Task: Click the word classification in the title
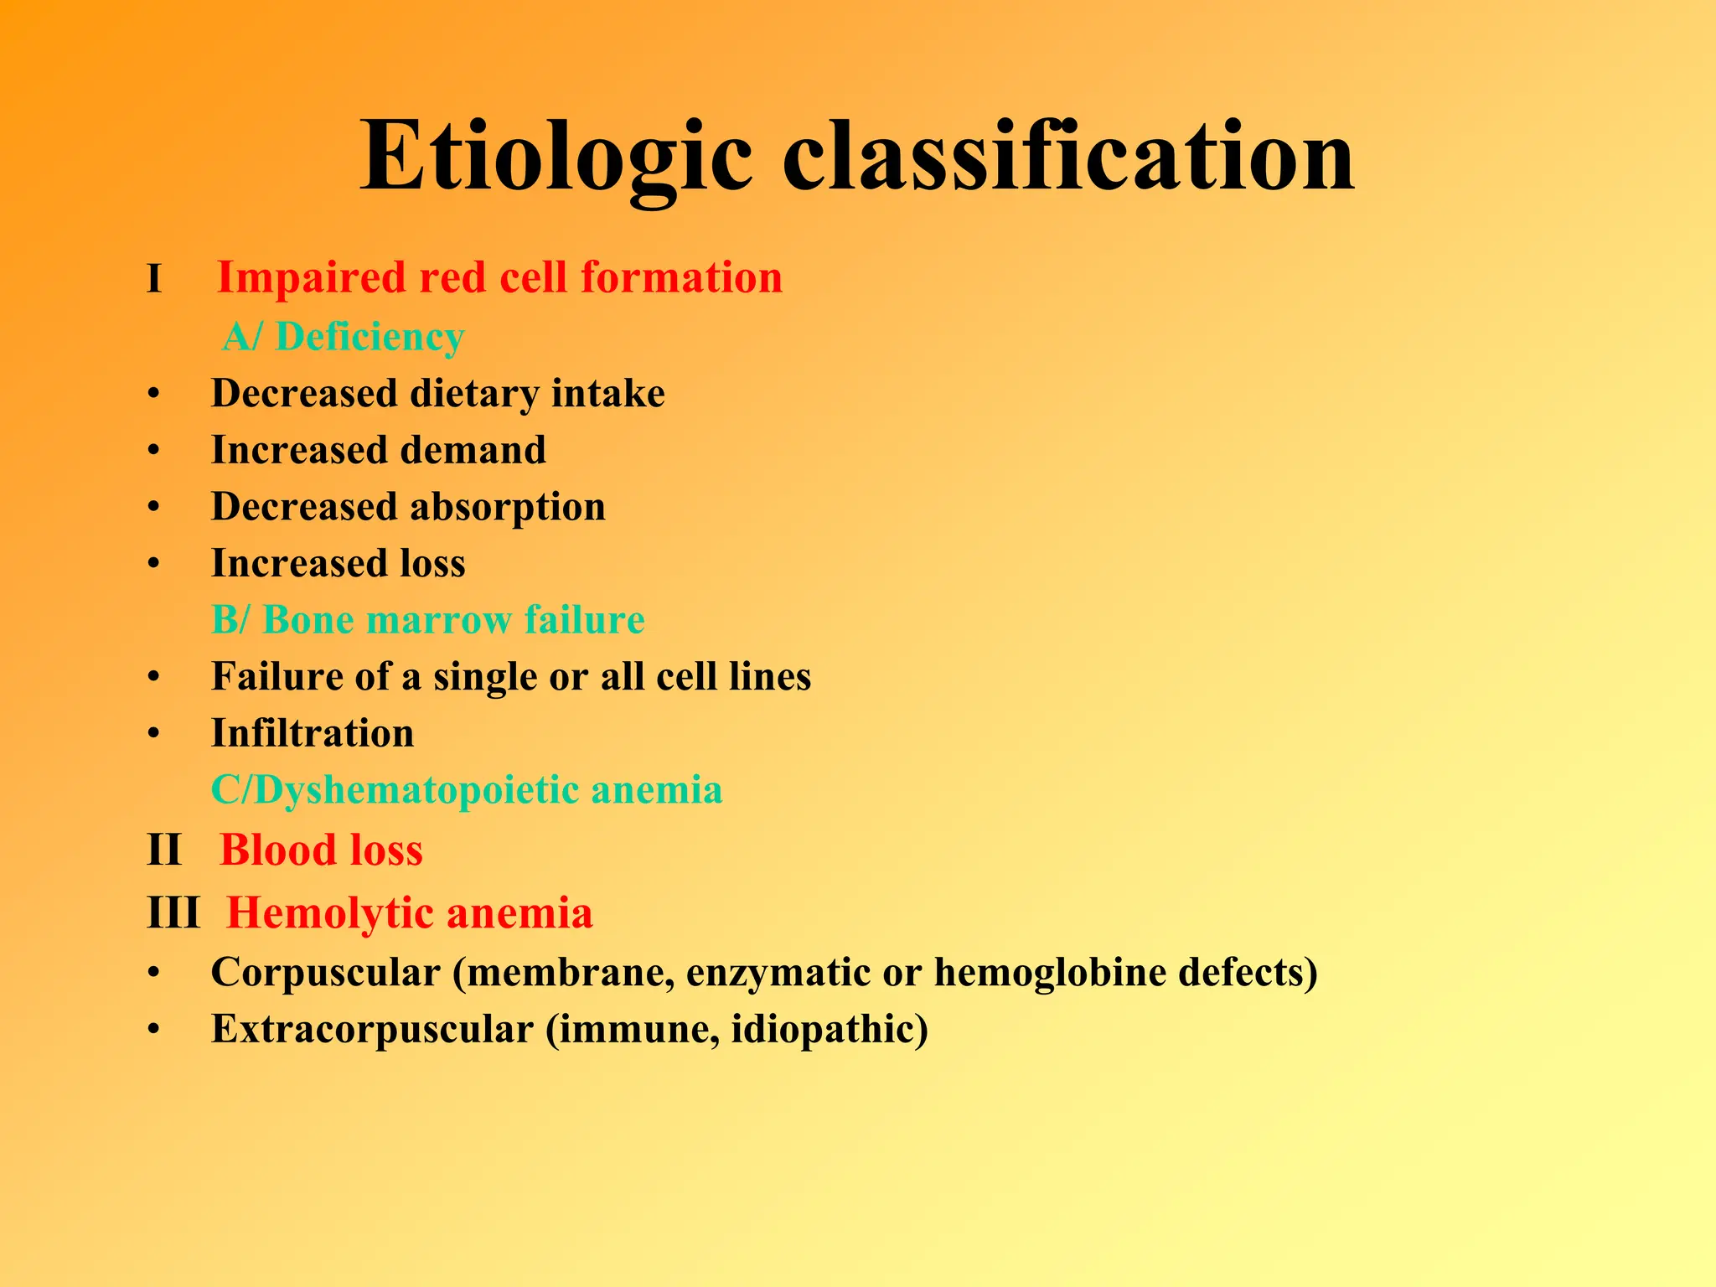tap(1067, 158)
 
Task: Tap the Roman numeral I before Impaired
tap(153, 280)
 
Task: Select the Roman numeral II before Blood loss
tap(163, 850)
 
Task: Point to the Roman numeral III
tap(173, 913)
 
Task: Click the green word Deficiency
tap(370, 338)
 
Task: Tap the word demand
tap(473, 450)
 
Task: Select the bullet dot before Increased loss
tap(153, 564)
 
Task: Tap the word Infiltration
tap(313, 734)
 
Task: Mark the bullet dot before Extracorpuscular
tap(153, 1031)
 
